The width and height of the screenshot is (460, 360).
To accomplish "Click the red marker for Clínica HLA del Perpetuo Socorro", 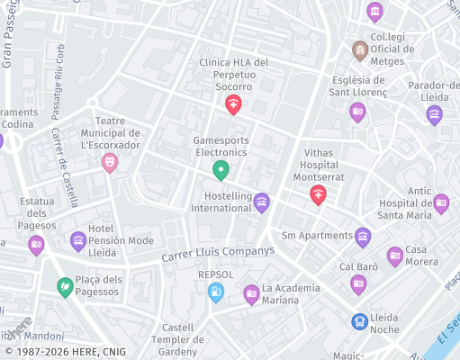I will [234, 105].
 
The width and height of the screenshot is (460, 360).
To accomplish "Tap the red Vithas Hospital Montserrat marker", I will [318, 194].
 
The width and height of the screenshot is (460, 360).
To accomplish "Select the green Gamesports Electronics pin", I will [221, 169].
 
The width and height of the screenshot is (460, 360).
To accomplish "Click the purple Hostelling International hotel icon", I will [262, 202].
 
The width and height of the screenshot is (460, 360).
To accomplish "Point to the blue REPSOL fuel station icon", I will [216, 292].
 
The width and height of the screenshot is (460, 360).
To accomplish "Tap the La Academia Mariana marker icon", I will [252, 293].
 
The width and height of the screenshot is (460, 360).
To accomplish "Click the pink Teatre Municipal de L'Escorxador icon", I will [110, 162].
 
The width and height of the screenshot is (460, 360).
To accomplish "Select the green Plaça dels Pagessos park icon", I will [66, 287].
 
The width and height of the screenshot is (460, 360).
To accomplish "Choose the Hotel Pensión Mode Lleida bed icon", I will [78, 241].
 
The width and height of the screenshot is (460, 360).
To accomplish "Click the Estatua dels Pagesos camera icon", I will [36, 244].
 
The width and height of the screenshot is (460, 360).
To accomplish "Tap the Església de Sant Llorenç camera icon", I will [357, 112].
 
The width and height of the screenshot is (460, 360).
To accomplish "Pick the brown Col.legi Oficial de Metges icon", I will [360, 49].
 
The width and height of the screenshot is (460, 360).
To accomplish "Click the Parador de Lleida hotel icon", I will [435, 114].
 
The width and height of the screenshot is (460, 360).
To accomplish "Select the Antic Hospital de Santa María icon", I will [441, 203].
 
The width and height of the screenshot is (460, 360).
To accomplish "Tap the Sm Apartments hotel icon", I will [363, 237].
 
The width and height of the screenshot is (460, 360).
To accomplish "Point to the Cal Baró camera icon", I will [358, 284].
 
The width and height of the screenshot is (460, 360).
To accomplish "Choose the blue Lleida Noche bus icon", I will [360, 320].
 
